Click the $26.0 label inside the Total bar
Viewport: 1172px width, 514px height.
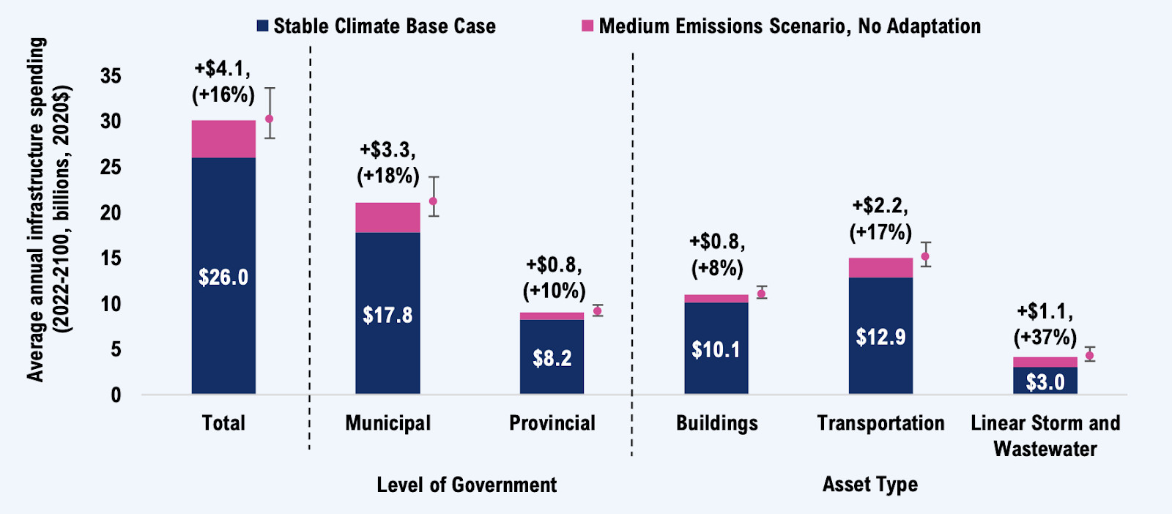pyautogui.click(x=223, y=278)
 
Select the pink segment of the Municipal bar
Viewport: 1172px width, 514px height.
pyautogui.click(x=387, y=217)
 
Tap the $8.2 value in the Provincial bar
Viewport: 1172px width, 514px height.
pyautogui.click(x=552, y=358)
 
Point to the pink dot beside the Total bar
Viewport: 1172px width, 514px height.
pyautogui.click(x=270, y=119)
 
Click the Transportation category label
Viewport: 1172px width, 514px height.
pyautogui.click(x=880, y=423)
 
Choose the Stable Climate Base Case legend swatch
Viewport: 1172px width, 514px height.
pyautogui.click(x=262, y=26)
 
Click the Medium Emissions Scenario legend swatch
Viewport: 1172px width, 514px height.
pyautogui.click(x=587, y=26)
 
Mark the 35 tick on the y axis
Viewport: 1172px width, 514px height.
pyautogui.click(x=111, y=76)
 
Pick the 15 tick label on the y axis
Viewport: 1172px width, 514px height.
pyautogui.click(x=111, y=258)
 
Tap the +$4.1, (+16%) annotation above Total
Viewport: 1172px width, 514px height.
pyautogui.click(x=223, y=81)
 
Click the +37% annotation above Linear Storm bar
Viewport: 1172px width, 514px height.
pyautogui.click(x=1045, y=337)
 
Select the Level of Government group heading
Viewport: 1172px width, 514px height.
pyautogui.click(x=467, y=485)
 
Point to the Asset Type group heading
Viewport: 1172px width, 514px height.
pyautogui.click(x=869, y=484)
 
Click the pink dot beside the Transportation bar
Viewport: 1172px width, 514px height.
pyautogui.click(x=925, y=256)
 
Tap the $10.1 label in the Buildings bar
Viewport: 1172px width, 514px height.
pyautogui.click(x=716, y=349)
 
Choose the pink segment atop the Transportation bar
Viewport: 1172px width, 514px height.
pyautogui.click(x=880, y=268)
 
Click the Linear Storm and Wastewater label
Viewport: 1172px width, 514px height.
pyautogui.click(x=1045, y=436)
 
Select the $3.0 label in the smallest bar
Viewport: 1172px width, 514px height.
pyautogui.click(x=1045, y=382)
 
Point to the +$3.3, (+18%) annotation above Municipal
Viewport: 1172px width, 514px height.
pyautogui.click(x=388, y=163)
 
